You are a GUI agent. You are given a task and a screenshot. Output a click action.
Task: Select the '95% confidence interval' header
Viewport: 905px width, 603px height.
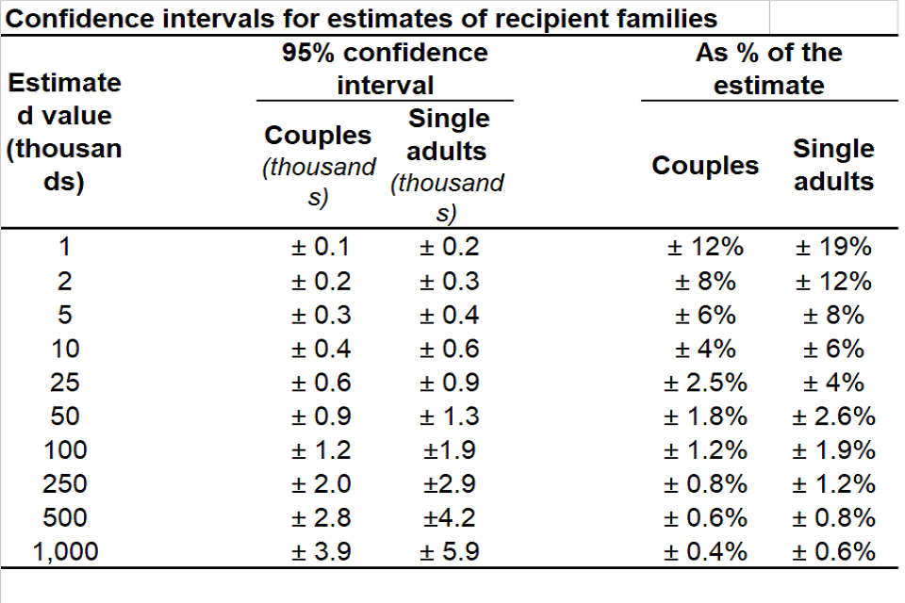(x=385, y=68)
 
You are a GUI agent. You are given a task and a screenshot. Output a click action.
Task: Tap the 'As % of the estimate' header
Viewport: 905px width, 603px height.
(x=768, y=68)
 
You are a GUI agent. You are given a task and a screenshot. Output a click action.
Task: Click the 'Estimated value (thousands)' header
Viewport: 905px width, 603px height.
(x=64, y=132)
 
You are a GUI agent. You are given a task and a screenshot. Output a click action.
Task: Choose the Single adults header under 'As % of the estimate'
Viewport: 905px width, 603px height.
(x=833, y=164)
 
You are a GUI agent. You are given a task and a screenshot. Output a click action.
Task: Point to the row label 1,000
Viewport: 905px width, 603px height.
(x=64, y=551)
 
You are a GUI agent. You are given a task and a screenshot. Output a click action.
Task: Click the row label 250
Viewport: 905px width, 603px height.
(x=64, y=483)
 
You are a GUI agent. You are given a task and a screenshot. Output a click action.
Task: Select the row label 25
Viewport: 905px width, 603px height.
(x=64, y=383)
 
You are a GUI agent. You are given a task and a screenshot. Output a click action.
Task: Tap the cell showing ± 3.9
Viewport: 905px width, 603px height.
(x=320, y=551)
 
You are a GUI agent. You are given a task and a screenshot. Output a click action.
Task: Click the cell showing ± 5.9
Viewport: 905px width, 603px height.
(x=449, y=551)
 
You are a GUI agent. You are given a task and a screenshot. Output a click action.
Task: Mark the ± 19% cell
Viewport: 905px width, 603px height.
(x=833, y=247)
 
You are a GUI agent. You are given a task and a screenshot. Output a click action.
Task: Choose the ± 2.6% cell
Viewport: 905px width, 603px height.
(x=833, y=416)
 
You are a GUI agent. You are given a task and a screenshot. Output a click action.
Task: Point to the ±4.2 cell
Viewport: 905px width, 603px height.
(x=449, y=517)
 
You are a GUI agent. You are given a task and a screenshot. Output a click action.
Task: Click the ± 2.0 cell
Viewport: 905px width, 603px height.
(x=320, y=483)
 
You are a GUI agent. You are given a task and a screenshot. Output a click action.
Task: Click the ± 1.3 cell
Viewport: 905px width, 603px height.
(x=449, y=416)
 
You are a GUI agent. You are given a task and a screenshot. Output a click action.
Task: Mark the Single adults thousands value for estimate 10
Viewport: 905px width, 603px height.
(x=449, y=349)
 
